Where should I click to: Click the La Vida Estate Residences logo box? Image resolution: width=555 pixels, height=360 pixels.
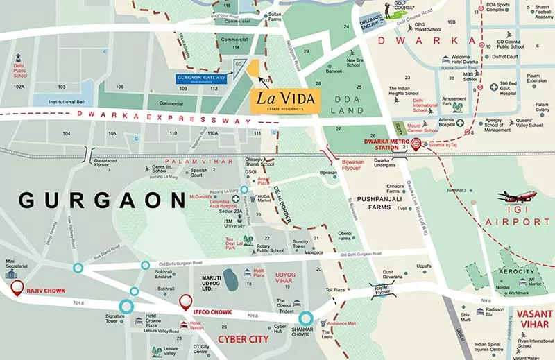tap(285, 101)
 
